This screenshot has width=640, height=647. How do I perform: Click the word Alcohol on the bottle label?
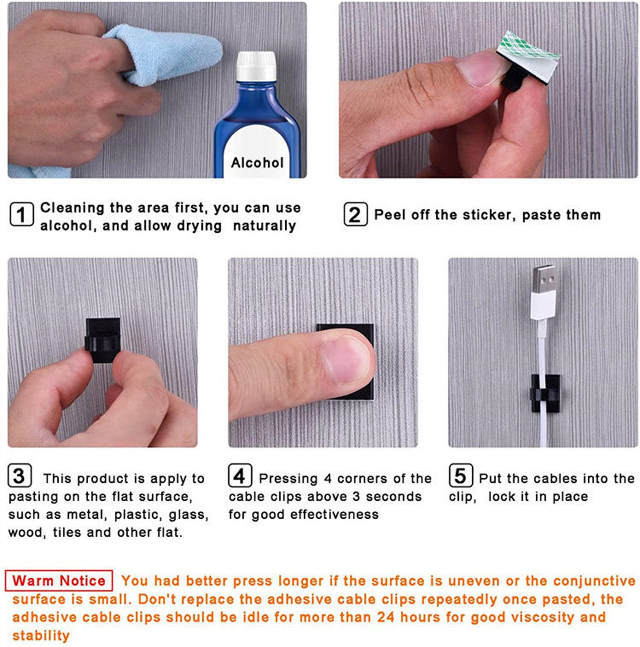pyautogui.click(x=257, y=163)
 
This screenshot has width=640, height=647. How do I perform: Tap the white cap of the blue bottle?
pyautogui.click(x=256, y=66)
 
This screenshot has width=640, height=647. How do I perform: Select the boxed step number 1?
pyautogui.click(x=21, y=215)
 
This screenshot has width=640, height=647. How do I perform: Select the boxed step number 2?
pyautogui.click(x=355, y=215)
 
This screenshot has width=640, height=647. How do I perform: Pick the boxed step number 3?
pyautogui.click(x=19, y=476)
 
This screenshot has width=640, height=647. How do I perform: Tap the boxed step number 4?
pyautogui.click(x=240, y=476)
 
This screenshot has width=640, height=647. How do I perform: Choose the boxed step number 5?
pyautogui.click(x=460, y=476)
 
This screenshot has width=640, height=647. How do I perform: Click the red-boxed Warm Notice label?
pyautogui.click(x=59, y=581)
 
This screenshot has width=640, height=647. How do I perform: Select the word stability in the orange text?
pyautogui.click(x=41, y=635)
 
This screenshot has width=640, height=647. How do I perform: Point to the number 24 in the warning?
pyautogui.click(x=386, y=617)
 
